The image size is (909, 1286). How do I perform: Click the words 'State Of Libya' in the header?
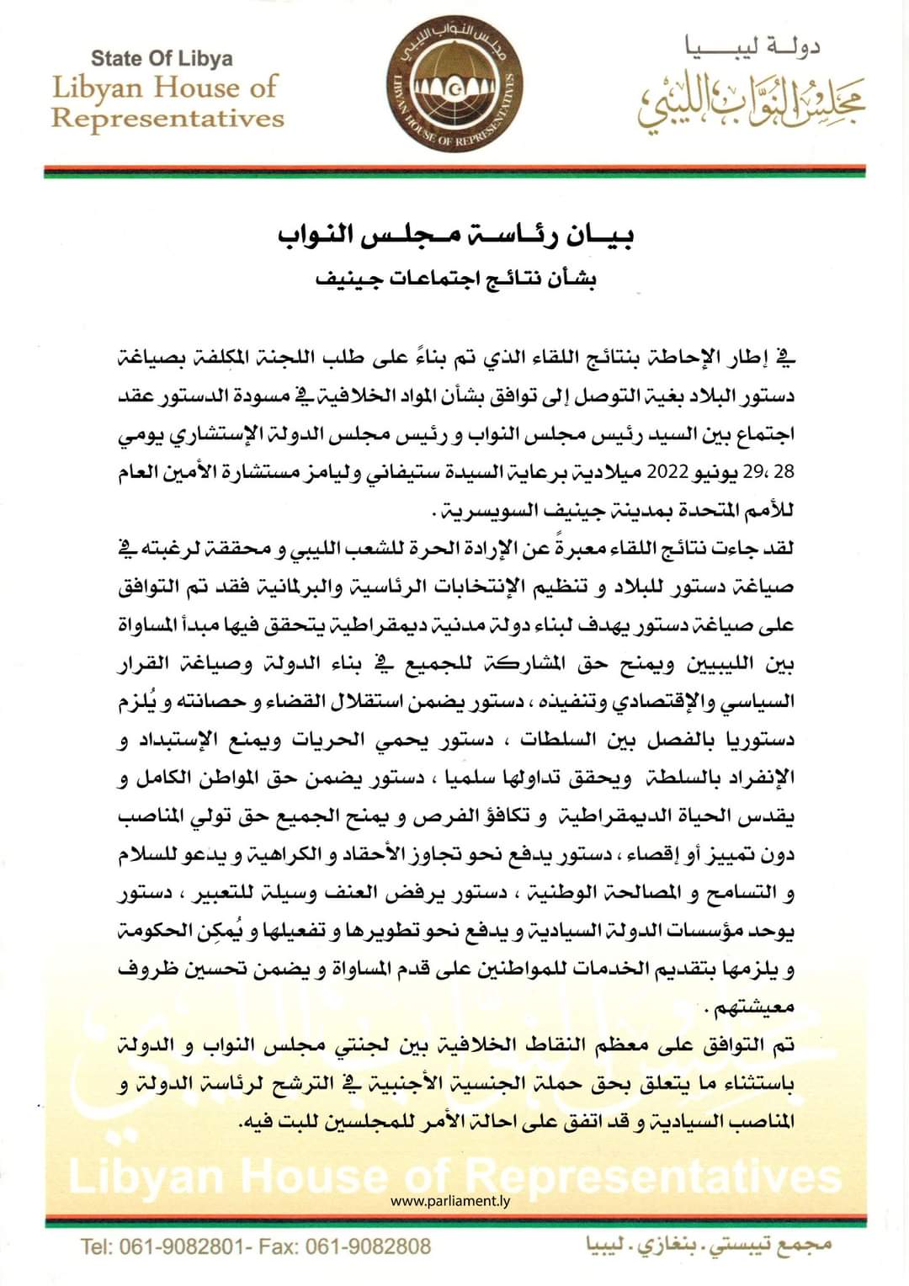click(162, 59)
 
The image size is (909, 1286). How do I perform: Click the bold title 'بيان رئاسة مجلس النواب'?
click(455, 236)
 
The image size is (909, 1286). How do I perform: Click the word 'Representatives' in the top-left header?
click(167, 118)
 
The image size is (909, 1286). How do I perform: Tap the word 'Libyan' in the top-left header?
click(93, 88)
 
